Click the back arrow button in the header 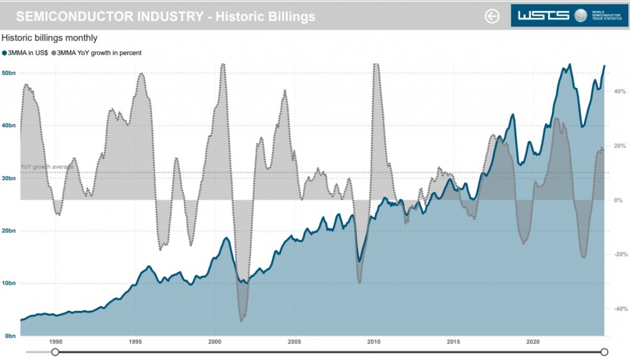[492, 16]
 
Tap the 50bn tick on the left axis [9, 73]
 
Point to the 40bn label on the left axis [9, 126]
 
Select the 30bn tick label [9, 178]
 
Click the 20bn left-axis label [9, 231]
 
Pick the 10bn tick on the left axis [9, 284]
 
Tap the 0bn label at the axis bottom [9, 336]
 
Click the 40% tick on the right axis [619, 92]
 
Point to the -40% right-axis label [618, 309]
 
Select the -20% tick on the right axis [618, 255]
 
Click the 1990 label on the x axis [56, 342]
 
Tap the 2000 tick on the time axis [215, 342]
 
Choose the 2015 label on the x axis [453, 342]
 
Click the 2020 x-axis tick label [533, 342]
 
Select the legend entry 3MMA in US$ [26, 53]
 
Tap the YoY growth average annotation [47, 167]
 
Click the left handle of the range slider [55, 352]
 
